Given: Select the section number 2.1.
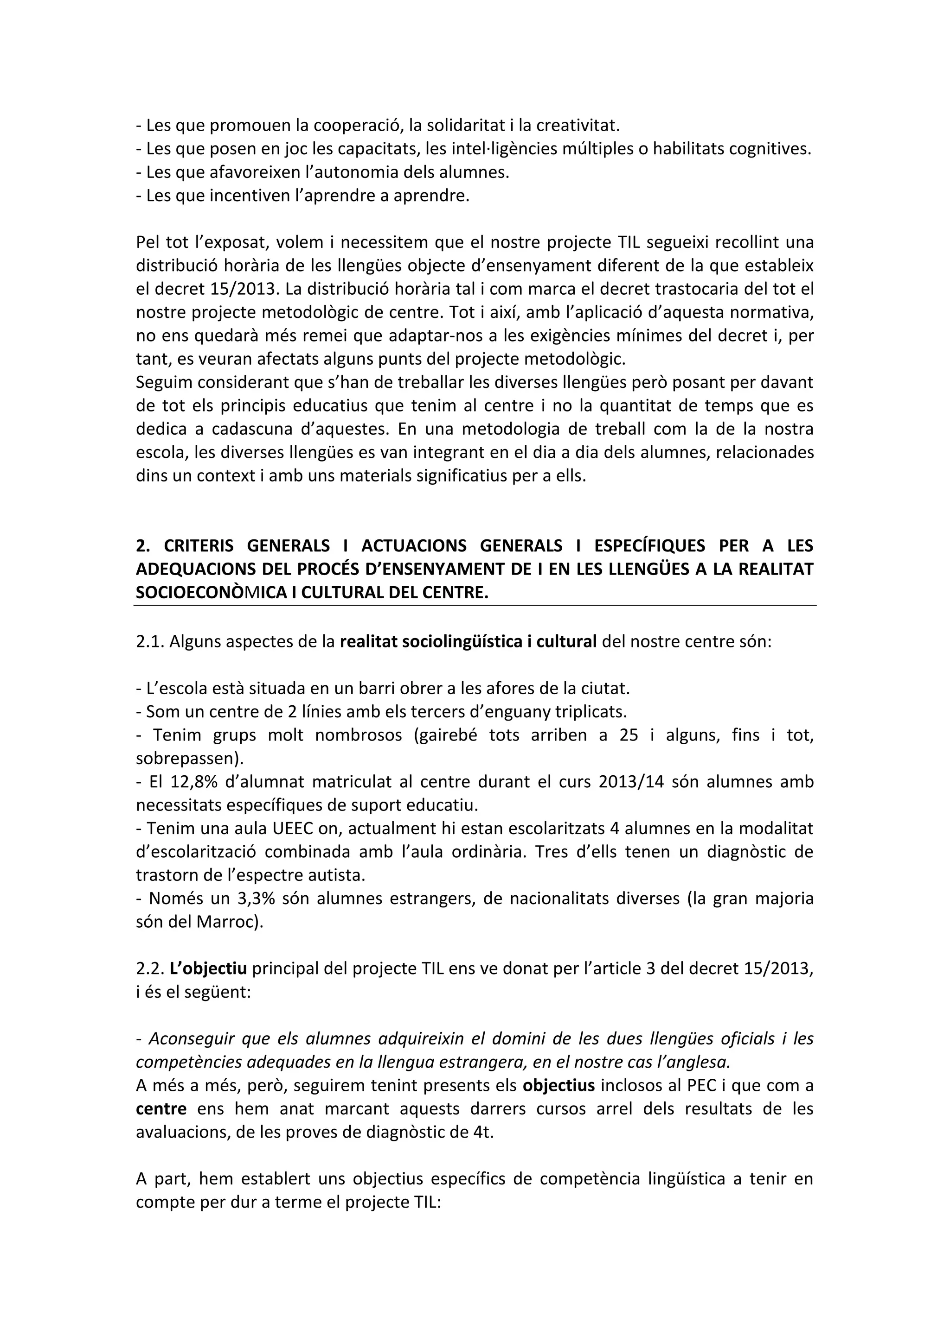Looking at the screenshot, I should pos(151,642).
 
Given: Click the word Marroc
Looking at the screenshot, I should pos(225,922).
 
